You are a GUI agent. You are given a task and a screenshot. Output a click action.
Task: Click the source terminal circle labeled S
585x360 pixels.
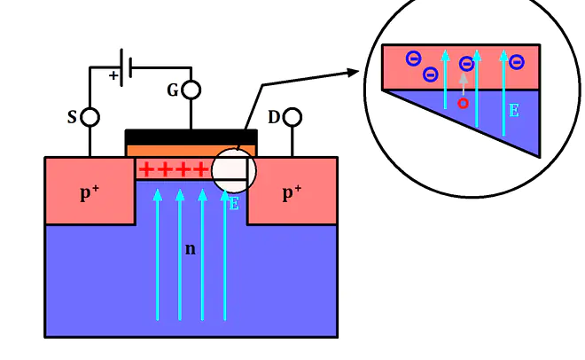pos(90,117)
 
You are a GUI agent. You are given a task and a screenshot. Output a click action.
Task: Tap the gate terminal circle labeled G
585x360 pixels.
pos(191,90)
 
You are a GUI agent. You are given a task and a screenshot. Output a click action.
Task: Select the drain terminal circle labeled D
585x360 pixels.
pos(292,117)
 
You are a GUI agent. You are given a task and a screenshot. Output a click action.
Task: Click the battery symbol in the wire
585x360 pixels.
pos(126,67)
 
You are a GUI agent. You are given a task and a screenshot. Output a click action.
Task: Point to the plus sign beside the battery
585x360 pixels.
pos(113,75)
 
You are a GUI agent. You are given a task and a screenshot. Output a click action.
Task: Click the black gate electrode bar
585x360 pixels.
pos(191,137)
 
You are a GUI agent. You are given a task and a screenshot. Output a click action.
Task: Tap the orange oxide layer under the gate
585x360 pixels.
pos(191,151)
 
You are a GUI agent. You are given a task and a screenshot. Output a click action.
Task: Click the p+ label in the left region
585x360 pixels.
pos(90,192)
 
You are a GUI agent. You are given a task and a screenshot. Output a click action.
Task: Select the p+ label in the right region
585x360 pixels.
pos(292,192)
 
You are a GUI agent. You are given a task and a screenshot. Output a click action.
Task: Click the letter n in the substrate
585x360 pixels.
pos(191,249)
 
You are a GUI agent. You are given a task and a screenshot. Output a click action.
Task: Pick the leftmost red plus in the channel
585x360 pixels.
pos(146,169)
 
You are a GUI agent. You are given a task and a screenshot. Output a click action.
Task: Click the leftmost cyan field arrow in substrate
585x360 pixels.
pos(158,254)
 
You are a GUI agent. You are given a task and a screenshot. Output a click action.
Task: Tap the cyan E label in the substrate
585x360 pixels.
pos(234,204)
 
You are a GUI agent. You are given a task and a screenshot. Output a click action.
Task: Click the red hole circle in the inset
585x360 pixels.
pos(463,104)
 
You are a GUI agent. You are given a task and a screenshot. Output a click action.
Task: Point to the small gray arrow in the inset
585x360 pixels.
pos(463,83)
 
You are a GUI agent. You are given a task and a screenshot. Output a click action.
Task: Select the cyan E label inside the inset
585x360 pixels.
pos(514,111)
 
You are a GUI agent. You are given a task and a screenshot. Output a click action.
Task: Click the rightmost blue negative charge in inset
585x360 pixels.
pos(517,62)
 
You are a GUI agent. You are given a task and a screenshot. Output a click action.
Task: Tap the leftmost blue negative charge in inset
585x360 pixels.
pos(413,59)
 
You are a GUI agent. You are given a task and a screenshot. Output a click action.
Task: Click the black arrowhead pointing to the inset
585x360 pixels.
pos(353,73)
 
